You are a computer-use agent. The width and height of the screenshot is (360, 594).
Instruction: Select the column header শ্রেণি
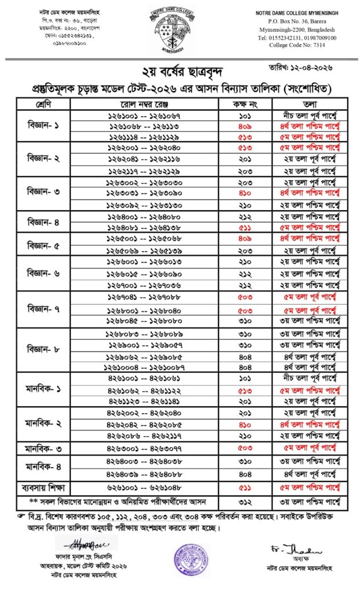click(43, 104)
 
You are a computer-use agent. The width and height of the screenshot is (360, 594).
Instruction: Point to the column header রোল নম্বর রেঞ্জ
click(144, 104)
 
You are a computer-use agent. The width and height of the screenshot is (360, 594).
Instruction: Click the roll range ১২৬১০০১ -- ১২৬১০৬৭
click(144, 115)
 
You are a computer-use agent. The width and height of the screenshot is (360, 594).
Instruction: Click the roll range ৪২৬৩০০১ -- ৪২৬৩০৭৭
click(144, 448)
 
